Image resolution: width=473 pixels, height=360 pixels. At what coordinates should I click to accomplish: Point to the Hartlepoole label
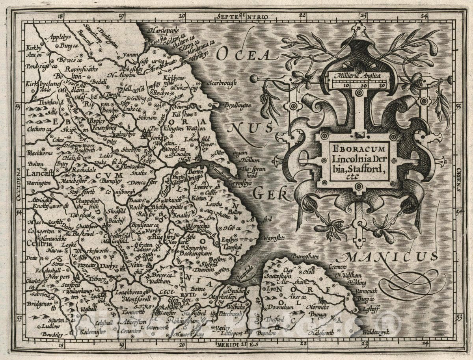point(158,30)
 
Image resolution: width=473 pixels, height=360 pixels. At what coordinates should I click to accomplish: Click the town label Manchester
point(74,182)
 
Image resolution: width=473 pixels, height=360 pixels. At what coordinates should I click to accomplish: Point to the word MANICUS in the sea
point(388,256)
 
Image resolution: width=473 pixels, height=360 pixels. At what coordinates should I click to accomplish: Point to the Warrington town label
point(39,183)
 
